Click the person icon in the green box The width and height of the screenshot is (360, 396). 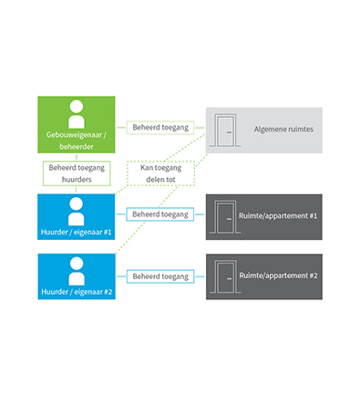point(76,113)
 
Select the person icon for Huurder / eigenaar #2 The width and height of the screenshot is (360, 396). point(76,270)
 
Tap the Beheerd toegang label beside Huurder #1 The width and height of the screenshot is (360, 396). point(160,214)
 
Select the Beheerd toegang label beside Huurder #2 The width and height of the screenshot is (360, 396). point(160,276)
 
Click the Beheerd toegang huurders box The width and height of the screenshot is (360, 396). point(77,173)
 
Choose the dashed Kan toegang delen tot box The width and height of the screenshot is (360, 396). point(161,173)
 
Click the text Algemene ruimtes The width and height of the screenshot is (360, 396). point(283,129)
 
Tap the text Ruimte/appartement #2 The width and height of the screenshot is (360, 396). point(279,275)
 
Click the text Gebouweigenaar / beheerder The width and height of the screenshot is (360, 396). point(76,141)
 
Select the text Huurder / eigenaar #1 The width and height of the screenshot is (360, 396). point(76,232)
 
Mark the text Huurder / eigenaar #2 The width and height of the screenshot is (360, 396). point(76,293)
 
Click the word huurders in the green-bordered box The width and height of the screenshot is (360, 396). point(77,181)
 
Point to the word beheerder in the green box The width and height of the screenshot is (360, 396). point(76,148)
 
